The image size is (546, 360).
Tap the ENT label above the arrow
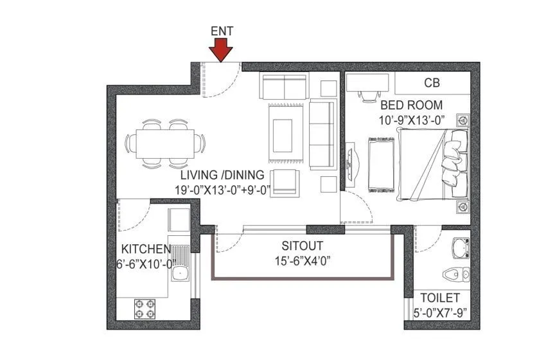[222, 30]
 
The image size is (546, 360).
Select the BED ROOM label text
[411, 105]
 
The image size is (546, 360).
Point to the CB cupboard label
[432, 83]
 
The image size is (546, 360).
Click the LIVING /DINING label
[222, 174]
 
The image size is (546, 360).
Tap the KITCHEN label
[146, 249]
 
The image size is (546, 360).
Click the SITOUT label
[302, 246]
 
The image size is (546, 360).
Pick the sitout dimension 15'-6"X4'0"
[302, 260]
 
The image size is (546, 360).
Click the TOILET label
[440, 298]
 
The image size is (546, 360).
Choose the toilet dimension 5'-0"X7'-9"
[440, 314]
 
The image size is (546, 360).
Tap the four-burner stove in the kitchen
[145, 309]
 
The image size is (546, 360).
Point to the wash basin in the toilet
[460, 247]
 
